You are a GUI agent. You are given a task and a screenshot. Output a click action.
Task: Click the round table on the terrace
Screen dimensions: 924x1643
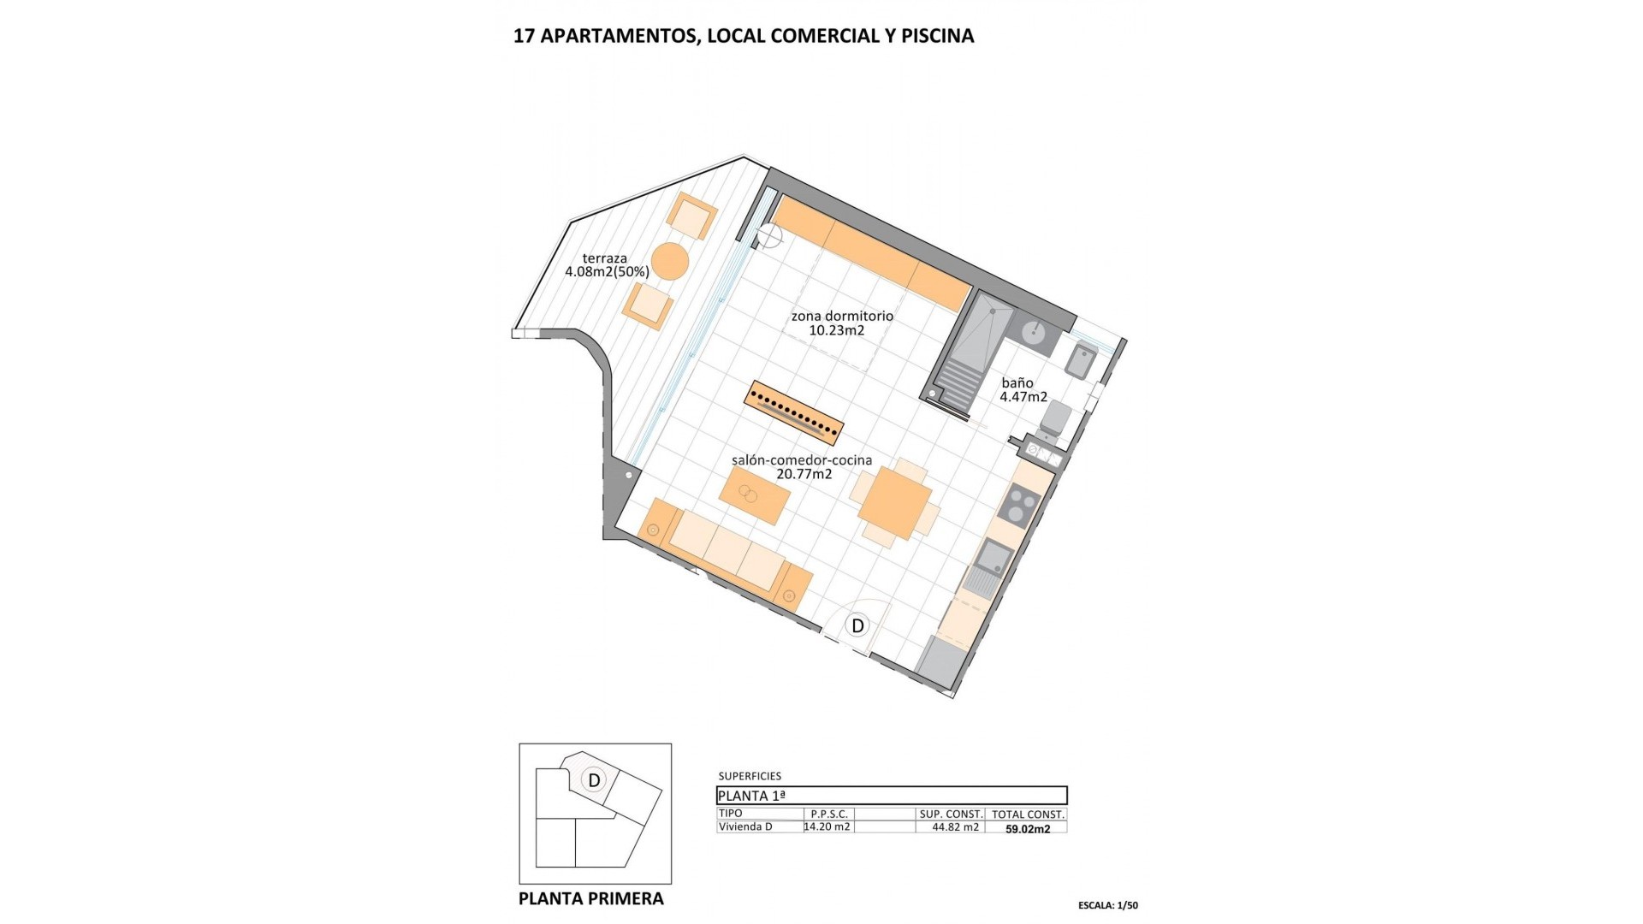point(670,261)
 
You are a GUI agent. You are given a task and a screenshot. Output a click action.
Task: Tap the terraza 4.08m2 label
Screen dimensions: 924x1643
point(606,265)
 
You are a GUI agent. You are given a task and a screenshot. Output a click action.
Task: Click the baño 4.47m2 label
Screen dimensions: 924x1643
point(1023,390)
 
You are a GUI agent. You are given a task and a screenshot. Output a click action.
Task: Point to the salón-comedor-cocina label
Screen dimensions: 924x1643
point(802,466)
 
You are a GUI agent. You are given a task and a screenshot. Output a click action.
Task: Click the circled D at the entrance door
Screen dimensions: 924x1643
point(857,625)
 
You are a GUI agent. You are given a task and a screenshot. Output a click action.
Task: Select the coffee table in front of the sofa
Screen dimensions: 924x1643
point(755,495)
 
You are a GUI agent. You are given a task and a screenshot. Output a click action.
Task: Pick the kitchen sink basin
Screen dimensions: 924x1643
point(995,558)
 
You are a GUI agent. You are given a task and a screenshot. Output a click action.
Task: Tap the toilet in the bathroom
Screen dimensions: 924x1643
point(1057,418)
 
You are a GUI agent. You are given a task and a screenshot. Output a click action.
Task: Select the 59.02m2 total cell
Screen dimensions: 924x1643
point(1028,828)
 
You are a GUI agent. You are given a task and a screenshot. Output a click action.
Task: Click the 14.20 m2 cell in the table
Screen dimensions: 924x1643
point(827,826)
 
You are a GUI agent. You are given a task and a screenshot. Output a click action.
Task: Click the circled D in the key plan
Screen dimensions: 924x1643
point(593,780)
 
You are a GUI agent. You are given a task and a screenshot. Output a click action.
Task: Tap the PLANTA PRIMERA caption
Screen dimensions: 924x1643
point(591,898)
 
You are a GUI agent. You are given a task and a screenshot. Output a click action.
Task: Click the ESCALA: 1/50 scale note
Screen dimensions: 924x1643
point(1108,905)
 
